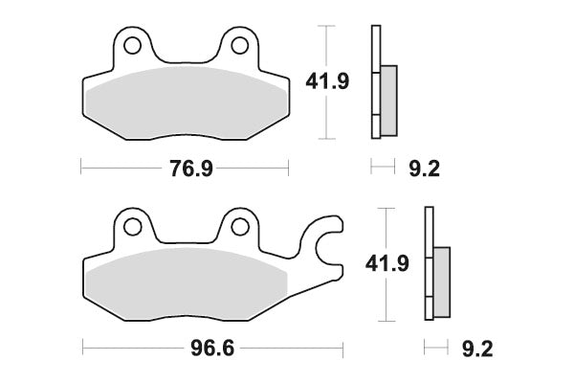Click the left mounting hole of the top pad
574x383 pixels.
132,45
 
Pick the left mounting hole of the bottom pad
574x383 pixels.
132,227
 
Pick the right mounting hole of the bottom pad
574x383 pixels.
239,227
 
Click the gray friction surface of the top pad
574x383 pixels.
186,101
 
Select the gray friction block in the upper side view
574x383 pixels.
388,99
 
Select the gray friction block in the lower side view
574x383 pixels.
441,282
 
